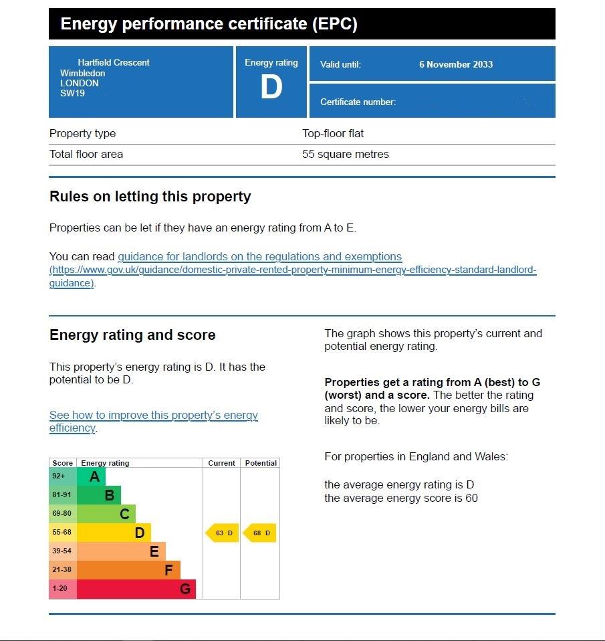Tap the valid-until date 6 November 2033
point(456,64)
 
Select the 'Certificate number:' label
point(358,102)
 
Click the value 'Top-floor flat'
point(333,133)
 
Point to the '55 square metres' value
point(345,154)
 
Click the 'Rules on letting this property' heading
point(150,197)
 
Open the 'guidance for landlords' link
point(259,257)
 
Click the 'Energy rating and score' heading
point(132,335)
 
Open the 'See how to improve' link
point(153,416)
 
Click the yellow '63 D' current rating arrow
point(223,533)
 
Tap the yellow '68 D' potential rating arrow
point(260,533)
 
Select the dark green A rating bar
point(92,476)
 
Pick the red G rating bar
point(137,589)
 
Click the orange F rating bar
point(129,570)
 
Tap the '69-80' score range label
point(62,514)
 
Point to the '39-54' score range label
point(62,551)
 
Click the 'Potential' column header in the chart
point(261,463)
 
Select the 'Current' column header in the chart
point(221,463)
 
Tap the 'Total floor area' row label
point(86,154)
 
